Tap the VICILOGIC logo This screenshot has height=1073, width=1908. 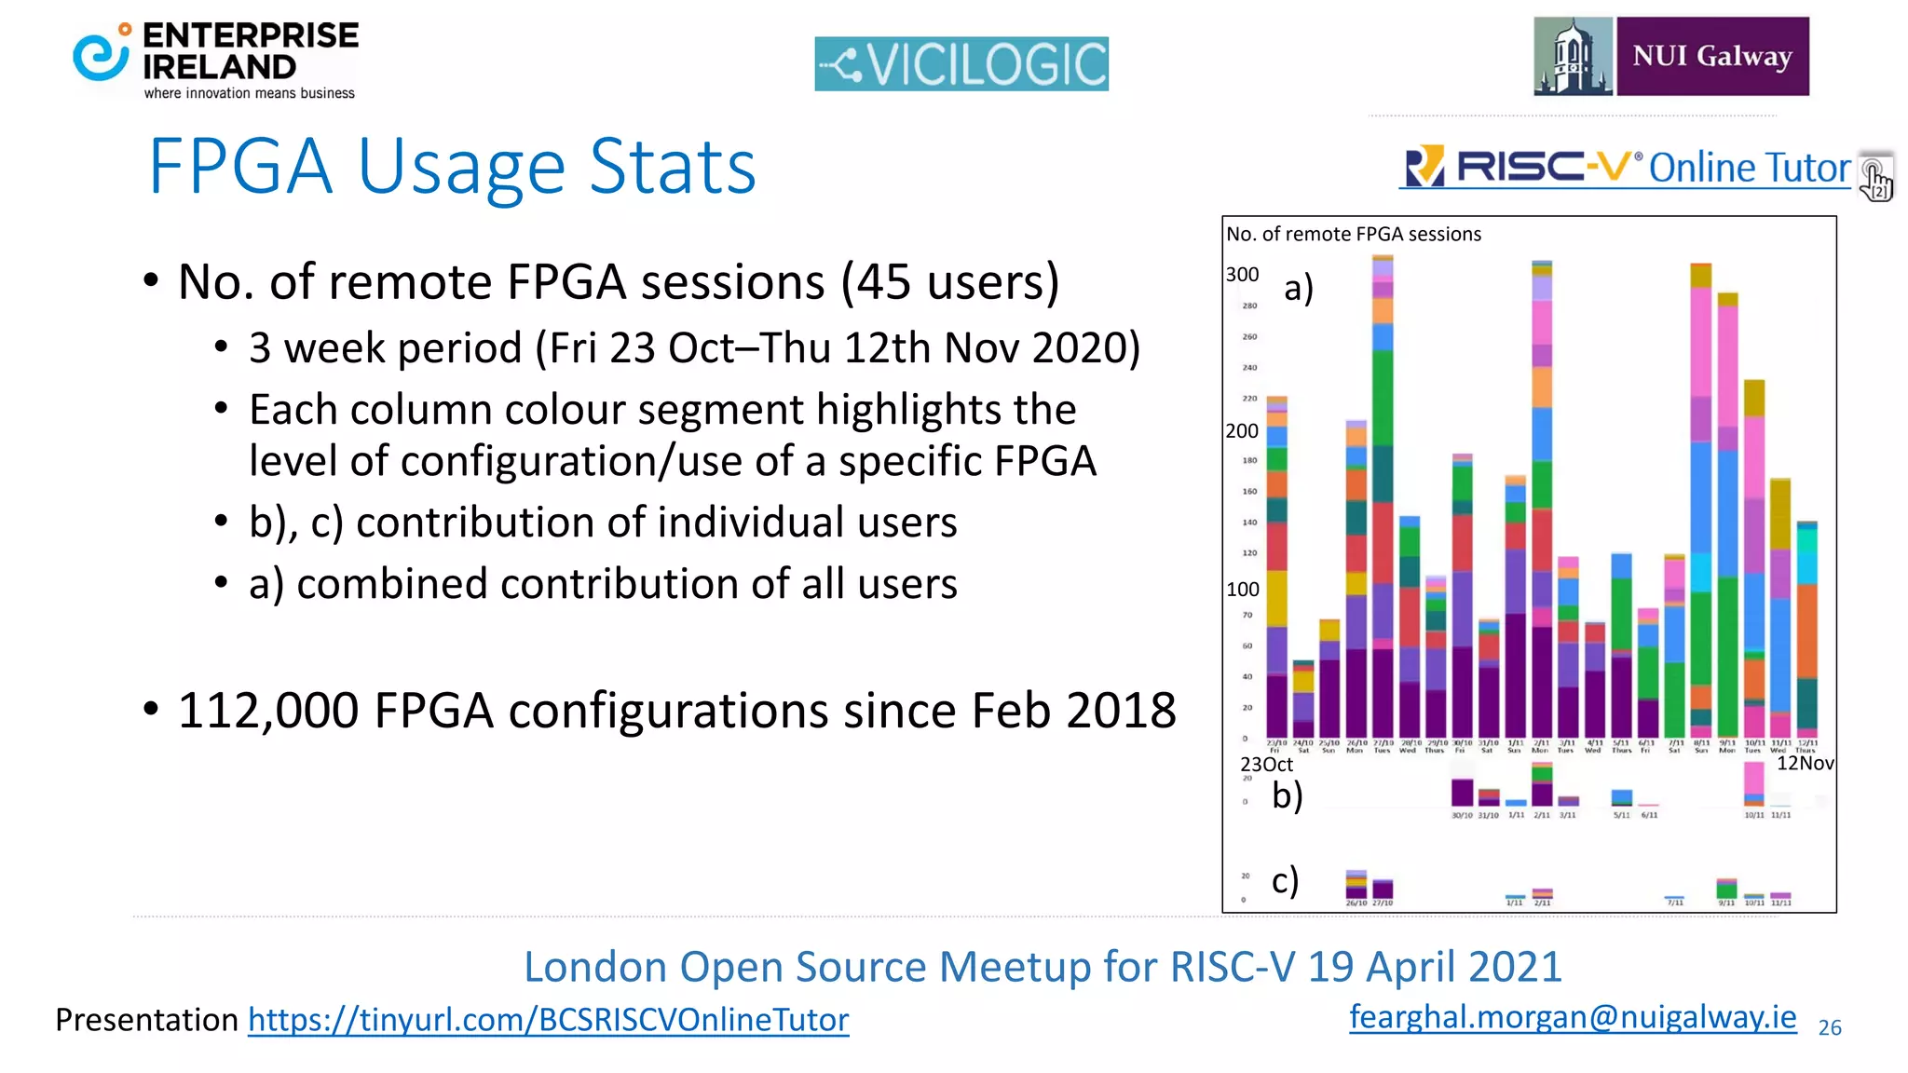961,64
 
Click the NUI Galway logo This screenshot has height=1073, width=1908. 1671,57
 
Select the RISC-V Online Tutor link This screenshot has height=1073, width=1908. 1626,168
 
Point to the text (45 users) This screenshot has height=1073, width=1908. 950,281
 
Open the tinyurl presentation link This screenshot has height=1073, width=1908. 548,1020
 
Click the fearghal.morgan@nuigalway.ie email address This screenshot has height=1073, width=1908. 1573,1016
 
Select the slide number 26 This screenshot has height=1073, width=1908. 1830,1027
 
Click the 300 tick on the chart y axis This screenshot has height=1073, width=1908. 1242,275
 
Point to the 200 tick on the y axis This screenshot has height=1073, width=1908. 1242,431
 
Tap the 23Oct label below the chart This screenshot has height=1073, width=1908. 1266,765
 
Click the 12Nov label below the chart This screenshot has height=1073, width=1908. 1805,764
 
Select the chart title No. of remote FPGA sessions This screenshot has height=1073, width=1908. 1354,235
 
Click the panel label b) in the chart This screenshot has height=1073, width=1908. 1288,795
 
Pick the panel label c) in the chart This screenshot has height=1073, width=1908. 1286,880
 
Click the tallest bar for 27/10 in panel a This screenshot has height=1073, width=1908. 1383,494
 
